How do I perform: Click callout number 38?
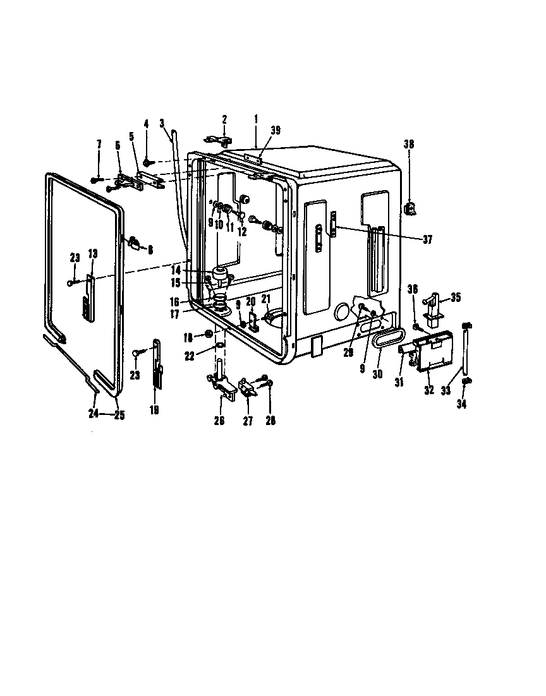coord(409,144)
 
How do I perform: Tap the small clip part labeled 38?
coord(409,207)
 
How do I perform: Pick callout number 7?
coord(99,145)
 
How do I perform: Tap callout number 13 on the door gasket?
coord(92,254)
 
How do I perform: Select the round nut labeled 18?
coord(209,334)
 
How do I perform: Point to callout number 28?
coord(270,420)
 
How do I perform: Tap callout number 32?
coord(429,391)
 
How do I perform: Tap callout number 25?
coord(118,415)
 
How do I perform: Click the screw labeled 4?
coord(146,162)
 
